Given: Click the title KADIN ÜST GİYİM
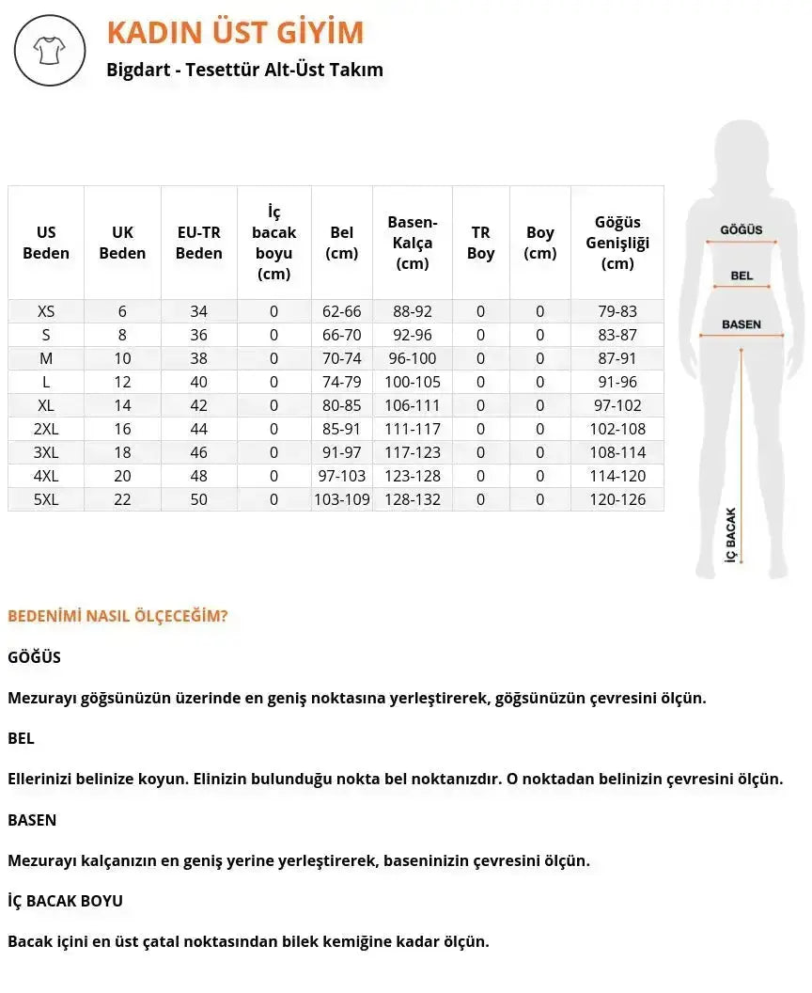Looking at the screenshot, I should (235, 33).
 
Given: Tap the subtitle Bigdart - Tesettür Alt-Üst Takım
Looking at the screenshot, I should (245, 70).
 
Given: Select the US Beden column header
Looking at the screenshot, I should (46, 243).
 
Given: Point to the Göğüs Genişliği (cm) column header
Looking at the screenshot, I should (617, 243).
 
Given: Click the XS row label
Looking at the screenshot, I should (46, 311).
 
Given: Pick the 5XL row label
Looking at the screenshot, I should (46, 499).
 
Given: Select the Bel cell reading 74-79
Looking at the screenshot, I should (342, 382).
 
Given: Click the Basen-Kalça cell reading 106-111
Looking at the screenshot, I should (413, 405).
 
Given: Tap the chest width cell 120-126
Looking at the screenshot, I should (617, 499).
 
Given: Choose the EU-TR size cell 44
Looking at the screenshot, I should (199, 429).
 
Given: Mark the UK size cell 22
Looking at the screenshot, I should (122, 499).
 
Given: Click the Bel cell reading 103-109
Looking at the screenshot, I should (342, 499).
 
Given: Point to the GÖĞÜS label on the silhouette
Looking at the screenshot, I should (742, 229).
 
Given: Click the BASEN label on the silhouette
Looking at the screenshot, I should (742, 324).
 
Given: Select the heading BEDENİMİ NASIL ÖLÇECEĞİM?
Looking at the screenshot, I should (117, 617).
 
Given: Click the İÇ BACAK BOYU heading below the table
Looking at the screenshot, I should (65, 901).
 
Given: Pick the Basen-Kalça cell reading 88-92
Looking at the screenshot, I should (413, 311).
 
